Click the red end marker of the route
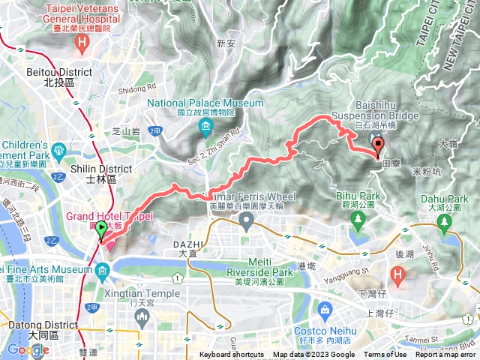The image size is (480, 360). coord(378,146)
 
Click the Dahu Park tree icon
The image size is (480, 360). coord(445,221)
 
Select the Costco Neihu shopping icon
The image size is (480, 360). coord(325,309)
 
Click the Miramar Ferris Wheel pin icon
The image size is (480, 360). coord(246,220)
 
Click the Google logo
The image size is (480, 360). coord(28,349)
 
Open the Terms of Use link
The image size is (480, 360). coord(385,355)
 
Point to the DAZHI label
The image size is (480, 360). coord(191,244)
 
